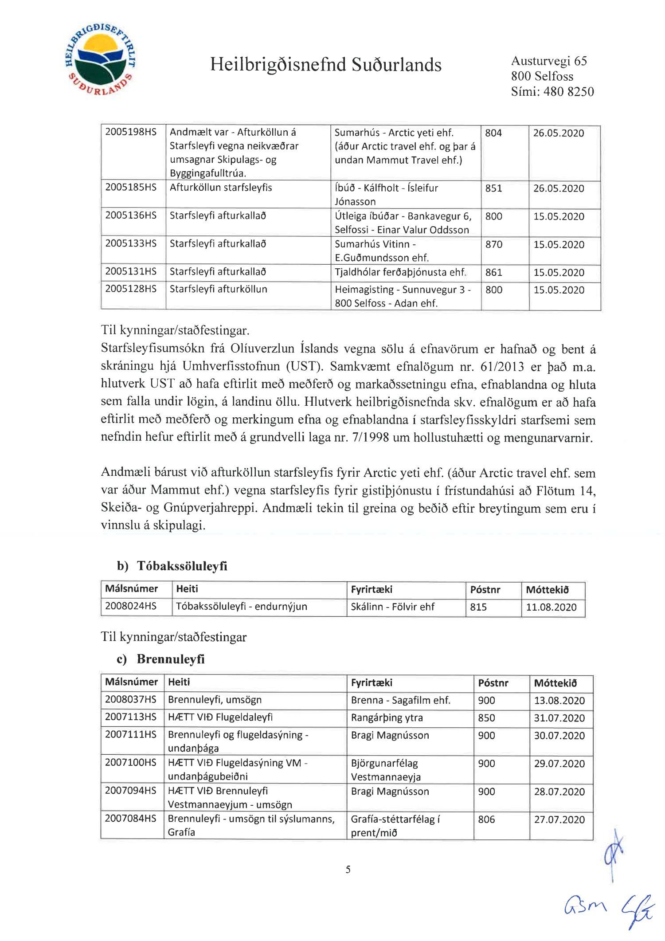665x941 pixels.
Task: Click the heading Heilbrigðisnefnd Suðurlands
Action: click(x=325, y=65)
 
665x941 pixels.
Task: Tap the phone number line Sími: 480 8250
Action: click(x=552, y=91)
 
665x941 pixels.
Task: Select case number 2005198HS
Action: click(x=131, y=132)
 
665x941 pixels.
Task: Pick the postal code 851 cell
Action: click(x=493, y=188)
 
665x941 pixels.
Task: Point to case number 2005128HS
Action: click(x=131, y=289)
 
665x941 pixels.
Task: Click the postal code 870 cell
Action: click(x=493, y=244)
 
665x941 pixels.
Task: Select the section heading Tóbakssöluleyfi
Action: click(x=182, y=566)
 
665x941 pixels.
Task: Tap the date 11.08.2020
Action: click(x=551, y=607)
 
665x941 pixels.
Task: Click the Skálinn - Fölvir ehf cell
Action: click(x=392, y=607)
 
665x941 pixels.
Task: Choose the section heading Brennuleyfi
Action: click(x=171, y=659)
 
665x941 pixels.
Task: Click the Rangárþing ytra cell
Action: click(x=387, y=718)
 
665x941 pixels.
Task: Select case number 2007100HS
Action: click(x=131, y=763)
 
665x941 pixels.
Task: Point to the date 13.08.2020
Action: click(x=559, y=700)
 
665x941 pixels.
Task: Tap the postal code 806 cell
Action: click(x=486, y=819)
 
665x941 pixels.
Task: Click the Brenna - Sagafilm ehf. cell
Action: click(x=400, y=700)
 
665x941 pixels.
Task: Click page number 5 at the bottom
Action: click(x=348, y=869)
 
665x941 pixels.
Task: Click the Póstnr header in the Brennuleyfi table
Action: click(x=493, y=683)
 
